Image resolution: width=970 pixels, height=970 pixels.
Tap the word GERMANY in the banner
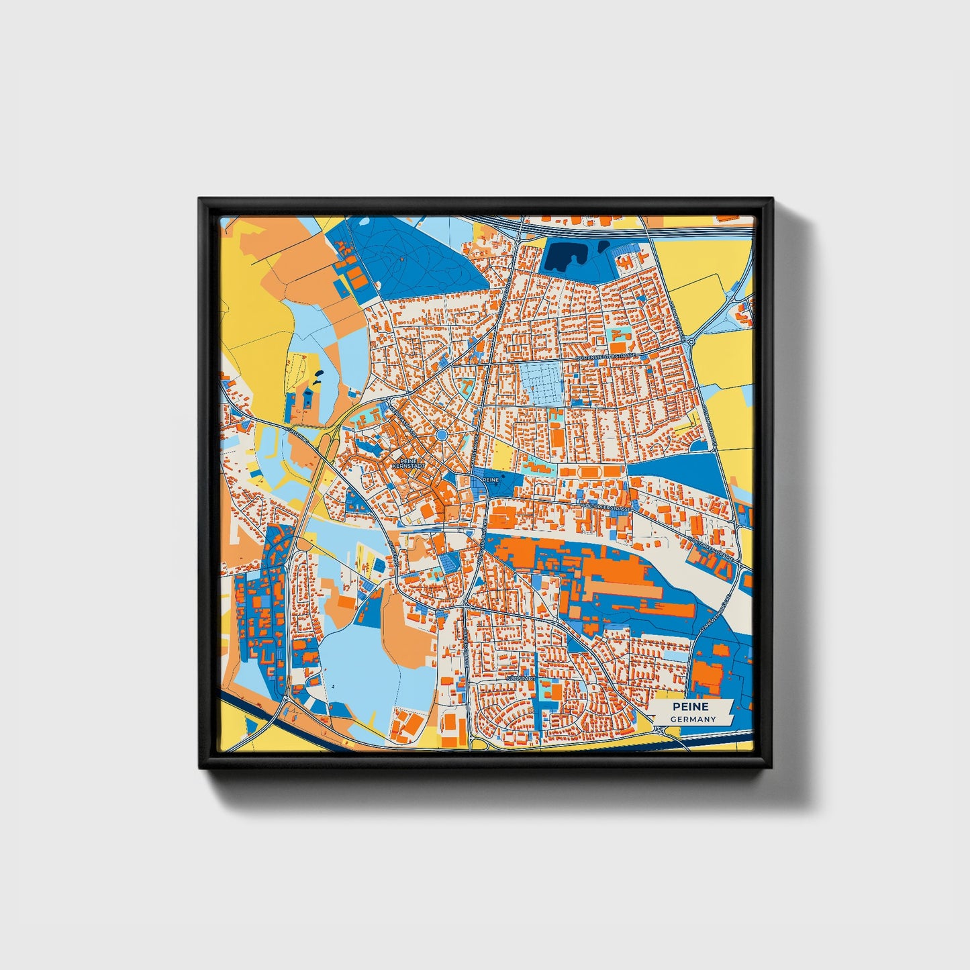click(x=693, y=719)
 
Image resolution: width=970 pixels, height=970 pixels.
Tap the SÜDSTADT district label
click(x=521, y=679)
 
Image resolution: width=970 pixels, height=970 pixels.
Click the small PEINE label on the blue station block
click(x=491, y=480)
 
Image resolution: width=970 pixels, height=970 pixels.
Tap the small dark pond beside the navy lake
click(x=603, y=246)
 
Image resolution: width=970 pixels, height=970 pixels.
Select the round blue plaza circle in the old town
click(x=441, y=436)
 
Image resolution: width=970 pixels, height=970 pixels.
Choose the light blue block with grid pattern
click(x=541, y=383)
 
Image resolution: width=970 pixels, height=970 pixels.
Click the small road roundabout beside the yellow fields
click(x=691, y=342)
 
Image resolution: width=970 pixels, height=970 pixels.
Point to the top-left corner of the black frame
click(x=200, y=199)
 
